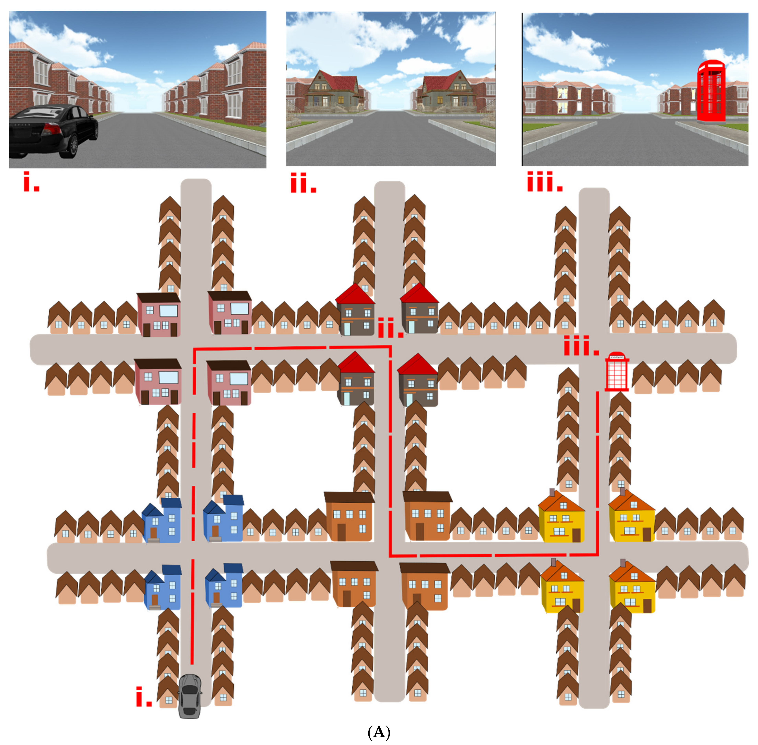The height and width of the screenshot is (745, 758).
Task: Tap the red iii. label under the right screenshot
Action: click(545, 181)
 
